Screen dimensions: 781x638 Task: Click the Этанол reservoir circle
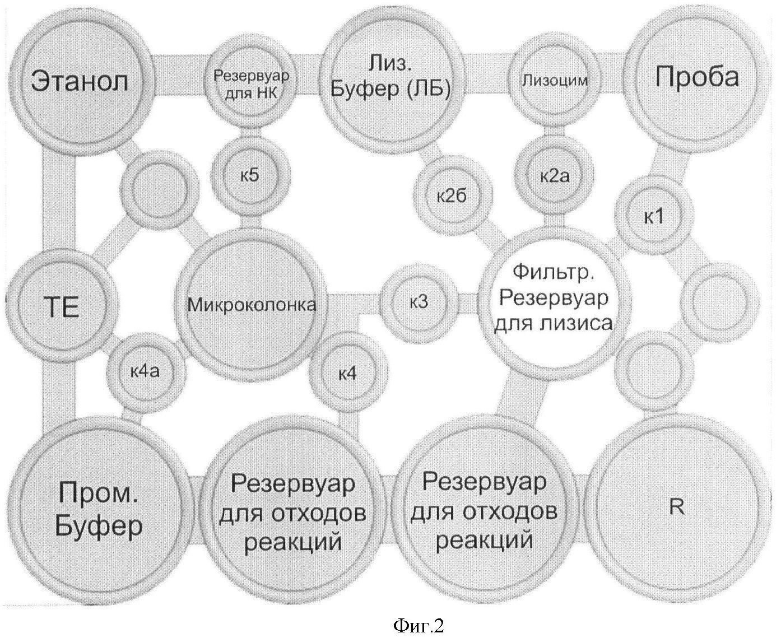click(x=80, y=81)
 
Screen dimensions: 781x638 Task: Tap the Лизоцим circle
click(x=554, y=80)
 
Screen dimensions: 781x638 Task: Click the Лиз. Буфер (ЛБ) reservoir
click(x=390, y=80)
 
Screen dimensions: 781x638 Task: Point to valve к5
click(x=250, y=175)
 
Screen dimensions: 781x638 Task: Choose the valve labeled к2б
click(x=453, y=195)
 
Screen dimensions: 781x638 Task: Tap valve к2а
click(x=555, y=175)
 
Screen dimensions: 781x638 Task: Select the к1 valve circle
click(x=654, y=216)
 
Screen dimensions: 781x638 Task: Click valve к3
click(x=419, y=302)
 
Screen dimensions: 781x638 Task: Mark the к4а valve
click(x=146, y=372)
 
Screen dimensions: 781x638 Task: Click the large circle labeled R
click(x=677, y=507)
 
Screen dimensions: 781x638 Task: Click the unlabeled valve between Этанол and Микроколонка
click(x=160, y=189)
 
